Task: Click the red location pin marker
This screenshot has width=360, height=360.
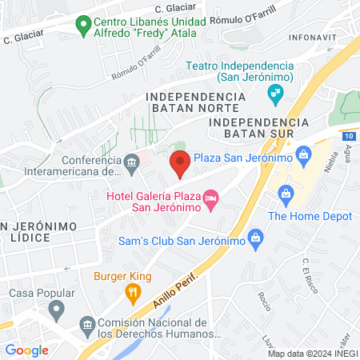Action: pos(180,164)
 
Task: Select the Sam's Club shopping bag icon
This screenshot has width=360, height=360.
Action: pos(255,236)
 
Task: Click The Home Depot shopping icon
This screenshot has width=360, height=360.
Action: pos(286,194)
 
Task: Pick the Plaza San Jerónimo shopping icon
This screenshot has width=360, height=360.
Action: pos(304,154)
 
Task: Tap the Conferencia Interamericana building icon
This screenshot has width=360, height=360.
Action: pos(133,163)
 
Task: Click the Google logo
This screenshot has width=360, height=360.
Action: pos(26,350)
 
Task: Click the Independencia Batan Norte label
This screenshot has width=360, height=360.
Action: pos(193,102)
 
